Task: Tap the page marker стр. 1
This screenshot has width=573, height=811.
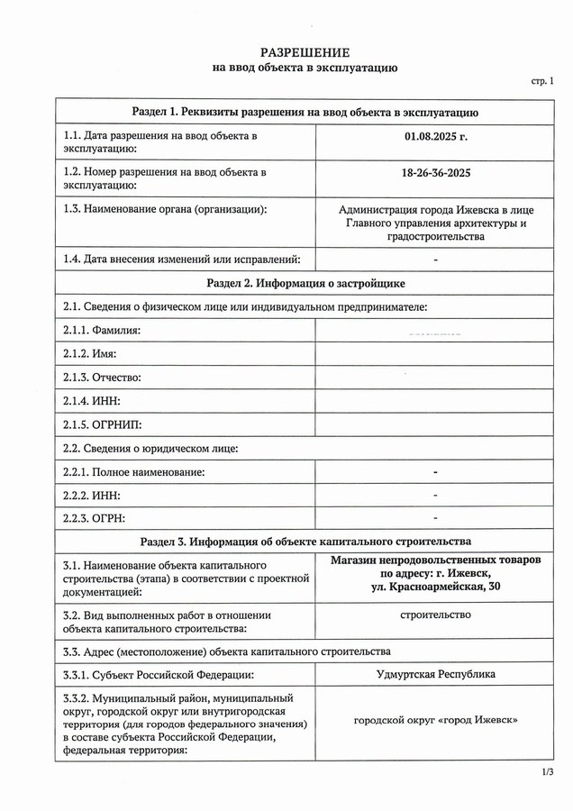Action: coord(544,82)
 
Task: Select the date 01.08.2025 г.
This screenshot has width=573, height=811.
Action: coord(436,137)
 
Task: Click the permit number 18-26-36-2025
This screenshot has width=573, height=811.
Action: coord(436,171)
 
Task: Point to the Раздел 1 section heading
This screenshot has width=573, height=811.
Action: coord(305,112)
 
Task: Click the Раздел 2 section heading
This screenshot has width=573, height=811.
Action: coord(305,283)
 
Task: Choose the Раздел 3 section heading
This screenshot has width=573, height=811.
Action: coord(305,542)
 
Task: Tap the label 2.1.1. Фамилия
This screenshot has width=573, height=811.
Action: coord(102,331)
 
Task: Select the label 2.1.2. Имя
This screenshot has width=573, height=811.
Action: coord(90,354)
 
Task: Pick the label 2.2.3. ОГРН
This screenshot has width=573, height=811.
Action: coord(95,518)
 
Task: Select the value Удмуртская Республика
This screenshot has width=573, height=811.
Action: coord(435,673)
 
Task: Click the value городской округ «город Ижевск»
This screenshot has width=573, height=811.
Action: coord(435,721)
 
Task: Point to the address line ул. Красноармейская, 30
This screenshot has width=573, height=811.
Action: coord(435,588)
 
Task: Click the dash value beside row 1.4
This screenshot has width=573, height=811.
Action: coord(435,260)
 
